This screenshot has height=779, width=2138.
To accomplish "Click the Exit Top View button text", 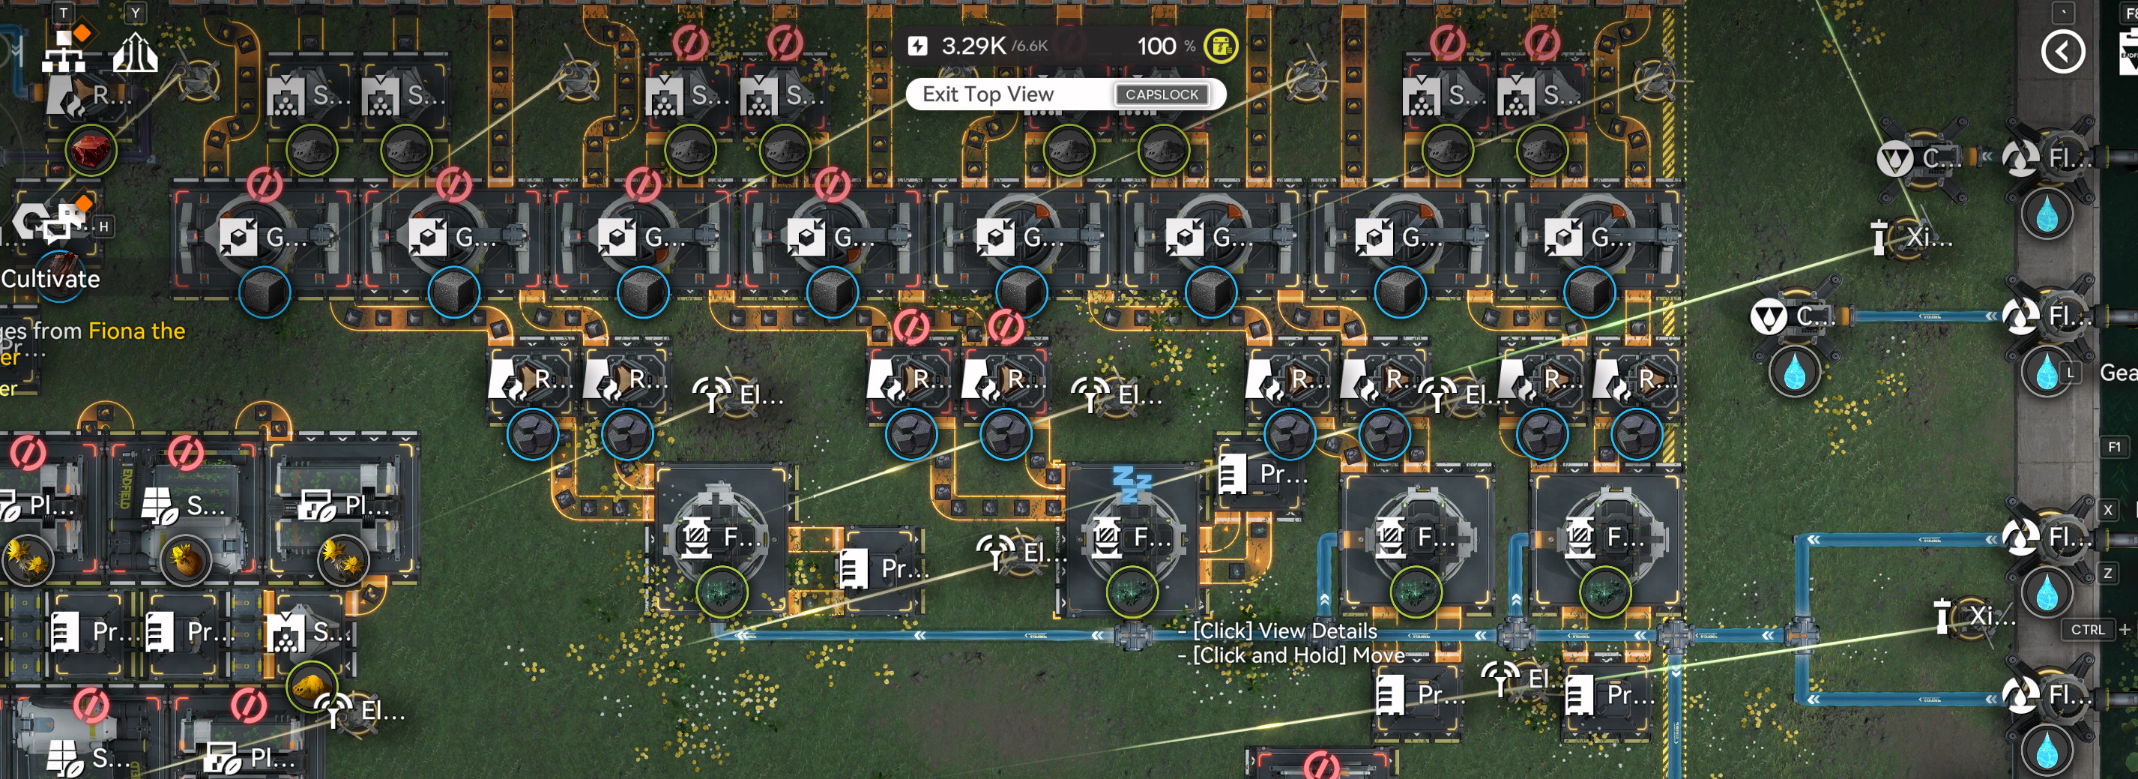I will click(988, 94).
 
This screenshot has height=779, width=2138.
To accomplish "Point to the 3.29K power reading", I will click(973, 46).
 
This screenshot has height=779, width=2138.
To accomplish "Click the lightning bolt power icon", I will click(917, 46).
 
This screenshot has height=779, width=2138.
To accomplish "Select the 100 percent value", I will click(1156, 46).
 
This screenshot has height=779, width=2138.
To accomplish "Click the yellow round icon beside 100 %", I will click(1220, 46).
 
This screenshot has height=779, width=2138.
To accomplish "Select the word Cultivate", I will click(51, 279).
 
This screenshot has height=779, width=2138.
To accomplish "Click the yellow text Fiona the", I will click(137, 331).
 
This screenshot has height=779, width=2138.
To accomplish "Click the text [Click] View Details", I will click(1284, 631).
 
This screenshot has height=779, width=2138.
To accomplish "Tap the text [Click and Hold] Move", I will click(1298, 655).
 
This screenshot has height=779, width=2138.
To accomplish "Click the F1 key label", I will click(2114, 447).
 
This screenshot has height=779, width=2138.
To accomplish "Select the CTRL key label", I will click(2086, 630).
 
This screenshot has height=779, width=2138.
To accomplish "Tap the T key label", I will click(64, 13).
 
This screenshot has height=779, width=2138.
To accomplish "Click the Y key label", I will click(136, 13).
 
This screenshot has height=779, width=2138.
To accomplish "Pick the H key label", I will click(103, 226).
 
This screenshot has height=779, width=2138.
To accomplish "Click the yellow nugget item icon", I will click(310, 685).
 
